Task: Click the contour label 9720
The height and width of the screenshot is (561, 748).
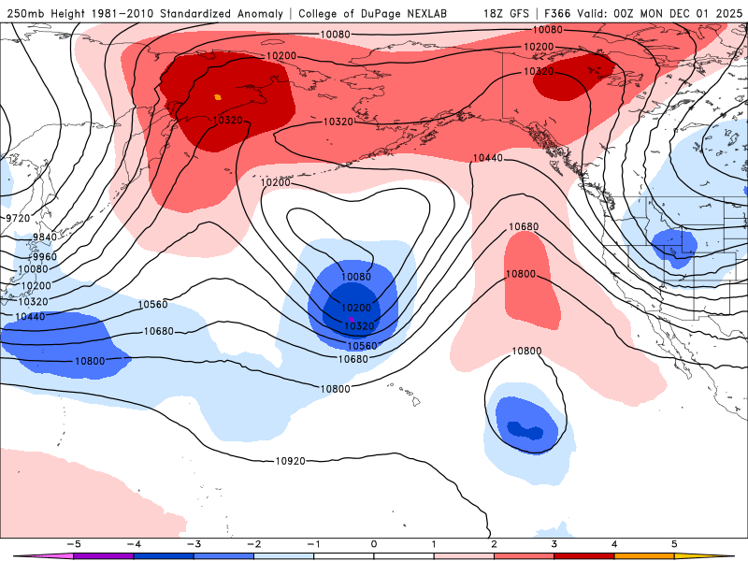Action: (18, 218)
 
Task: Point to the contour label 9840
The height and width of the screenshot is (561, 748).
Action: (44, 237)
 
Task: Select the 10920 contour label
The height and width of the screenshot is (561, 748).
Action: (290, 461)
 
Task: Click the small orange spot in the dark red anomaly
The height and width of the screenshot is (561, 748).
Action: (218, 96)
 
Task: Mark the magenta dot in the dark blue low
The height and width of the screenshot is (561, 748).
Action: (351, 321)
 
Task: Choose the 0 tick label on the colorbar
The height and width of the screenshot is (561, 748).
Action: (373, 543)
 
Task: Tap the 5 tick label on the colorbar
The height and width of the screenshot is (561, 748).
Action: (674, 543)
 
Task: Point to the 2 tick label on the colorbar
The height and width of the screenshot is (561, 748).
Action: (494, 543)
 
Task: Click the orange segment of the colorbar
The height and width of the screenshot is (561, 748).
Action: (643, 555)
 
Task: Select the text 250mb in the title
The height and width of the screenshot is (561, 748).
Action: (23, 13)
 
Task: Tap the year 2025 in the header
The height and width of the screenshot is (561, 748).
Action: (726, 13)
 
